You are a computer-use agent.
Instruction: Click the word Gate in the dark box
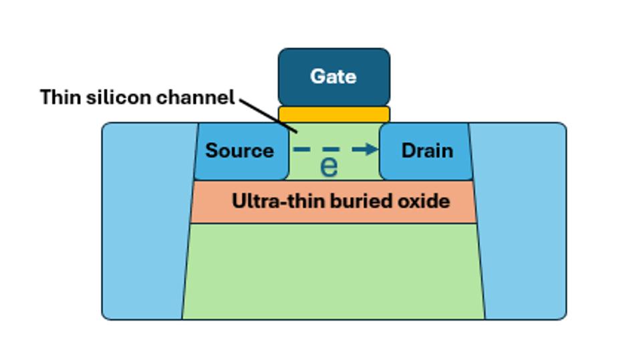(x=333, y=76)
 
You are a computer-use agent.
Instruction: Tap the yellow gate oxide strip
(x=334, y=114)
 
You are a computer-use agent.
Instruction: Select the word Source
(x=239, y=151)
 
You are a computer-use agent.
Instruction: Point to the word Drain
(x=426, y=151)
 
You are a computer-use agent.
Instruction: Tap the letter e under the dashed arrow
(x=329, y=168)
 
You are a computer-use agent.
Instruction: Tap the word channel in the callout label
(x=196, y=98)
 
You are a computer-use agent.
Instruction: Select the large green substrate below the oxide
(x=334, y=271)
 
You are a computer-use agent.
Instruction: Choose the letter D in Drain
(x=407, y=151)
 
